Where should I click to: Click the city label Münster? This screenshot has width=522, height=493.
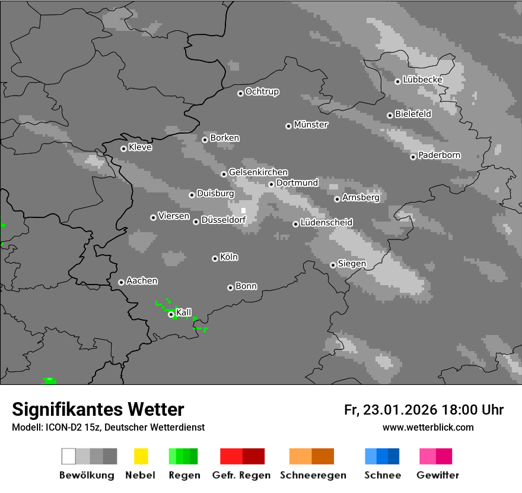point(311,125)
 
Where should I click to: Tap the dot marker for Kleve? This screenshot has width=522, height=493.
point(123,148)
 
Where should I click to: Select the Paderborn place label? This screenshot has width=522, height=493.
point(439,156)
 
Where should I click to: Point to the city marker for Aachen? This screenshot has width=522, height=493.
point(121,282)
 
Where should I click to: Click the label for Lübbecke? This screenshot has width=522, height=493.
point(422,80)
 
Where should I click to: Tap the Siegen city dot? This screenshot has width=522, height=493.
point(333,265)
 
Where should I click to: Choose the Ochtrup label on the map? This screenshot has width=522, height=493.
point(262,92)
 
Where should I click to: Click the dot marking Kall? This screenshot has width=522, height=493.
point(171,314)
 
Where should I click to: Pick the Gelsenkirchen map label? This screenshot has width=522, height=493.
point(258,172)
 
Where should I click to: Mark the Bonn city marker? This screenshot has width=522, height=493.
point(230,287)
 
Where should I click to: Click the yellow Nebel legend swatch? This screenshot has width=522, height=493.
point(141,456)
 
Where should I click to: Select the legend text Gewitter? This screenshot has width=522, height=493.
point(438,475)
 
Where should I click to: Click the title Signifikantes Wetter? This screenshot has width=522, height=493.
point(98,409)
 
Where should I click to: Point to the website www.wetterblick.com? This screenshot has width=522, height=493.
point(428,427)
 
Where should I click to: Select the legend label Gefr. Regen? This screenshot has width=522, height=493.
point(241,475)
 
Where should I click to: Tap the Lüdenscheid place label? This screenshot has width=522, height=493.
point(326,223)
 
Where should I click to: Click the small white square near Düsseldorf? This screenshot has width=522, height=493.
point(243,210)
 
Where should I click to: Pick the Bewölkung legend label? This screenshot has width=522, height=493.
point(87,475)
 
